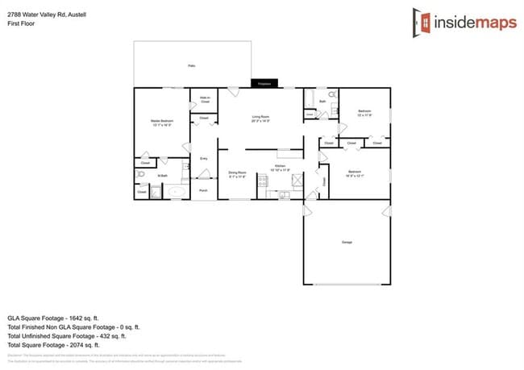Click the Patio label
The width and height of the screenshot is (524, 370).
191,65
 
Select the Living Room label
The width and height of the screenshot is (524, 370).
260,119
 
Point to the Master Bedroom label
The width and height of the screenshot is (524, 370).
162,123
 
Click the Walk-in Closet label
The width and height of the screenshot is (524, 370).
205,100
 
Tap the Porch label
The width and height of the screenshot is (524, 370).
203,190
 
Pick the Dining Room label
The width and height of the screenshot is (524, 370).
237,173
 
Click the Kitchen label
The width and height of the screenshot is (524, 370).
281,168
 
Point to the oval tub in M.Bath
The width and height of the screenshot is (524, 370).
173,191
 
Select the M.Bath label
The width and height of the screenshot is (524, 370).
162,176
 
